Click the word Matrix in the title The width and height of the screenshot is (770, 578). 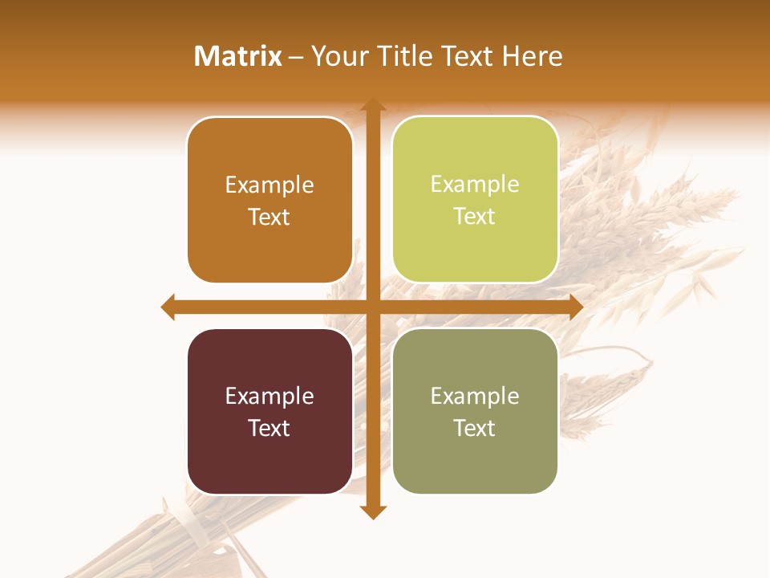point(238,56)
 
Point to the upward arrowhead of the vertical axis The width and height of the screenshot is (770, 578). point(372,104)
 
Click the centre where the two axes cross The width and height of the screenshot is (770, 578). point(372,307)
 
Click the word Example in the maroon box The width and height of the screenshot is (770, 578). point(269,396)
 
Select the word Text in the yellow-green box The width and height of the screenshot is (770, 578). point(475,217)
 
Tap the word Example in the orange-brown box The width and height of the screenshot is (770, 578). point(269,185)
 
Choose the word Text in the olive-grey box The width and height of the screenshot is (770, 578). point(475,428)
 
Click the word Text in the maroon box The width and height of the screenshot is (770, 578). point(269,428)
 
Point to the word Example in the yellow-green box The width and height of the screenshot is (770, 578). point(475,184)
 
